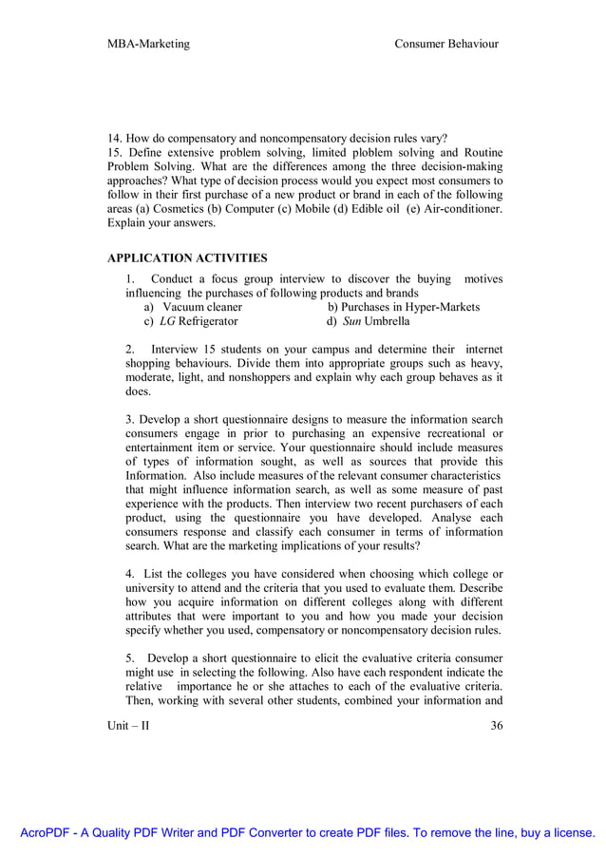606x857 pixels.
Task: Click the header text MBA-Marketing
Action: [x=148, y=44]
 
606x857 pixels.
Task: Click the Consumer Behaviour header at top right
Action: [x=446, y=44]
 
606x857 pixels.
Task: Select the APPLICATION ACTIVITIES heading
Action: [x=187, y=257]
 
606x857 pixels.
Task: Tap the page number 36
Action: [x=496, y=727]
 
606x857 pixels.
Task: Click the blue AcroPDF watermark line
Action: [x=303, y=833]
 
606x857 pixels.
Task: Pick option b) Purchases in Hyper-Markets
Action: [x=403, y=307]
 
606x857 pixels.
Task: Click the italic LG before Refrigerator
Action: [x=167, y=321]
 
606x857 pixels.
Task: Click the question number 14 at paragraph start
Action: [x=114, y=138]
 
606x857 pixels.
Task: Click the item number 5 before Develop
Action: [x=130, y=658]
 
